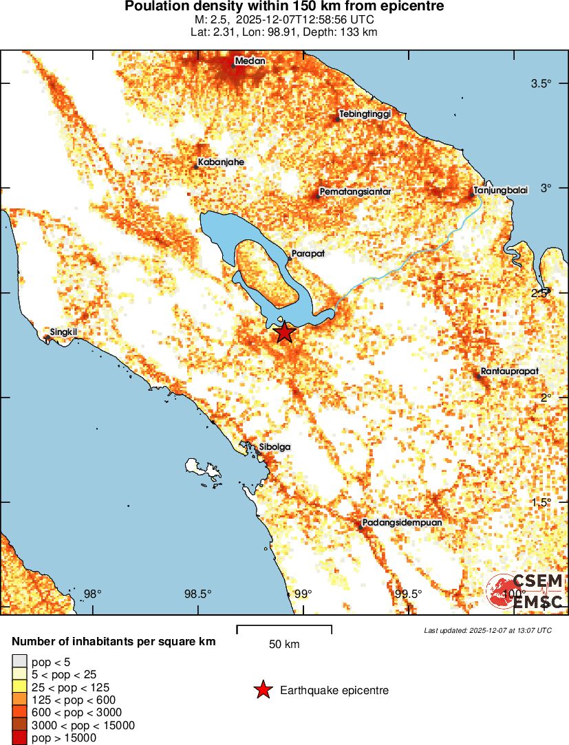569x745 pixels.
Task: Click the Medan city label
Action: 250,61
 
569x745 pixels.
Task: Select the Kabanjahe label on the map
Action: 221,162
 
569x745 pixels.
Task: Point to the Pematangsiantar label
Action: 355,192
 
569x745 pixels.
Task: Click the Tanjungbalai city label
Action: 501,191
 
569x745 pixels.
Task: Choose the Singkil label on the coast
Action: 63,332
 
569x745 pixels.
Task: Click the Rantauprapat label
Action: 509,371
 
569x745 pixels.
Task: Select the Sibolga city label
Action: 275,447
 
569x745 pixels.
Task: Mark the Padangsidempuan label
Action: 402,523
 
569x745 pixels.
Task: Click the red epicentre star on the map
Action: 284,333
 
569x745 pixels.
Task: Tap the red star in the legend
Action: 262,690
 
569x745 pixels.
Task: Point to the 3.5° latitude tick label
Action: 541,84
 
